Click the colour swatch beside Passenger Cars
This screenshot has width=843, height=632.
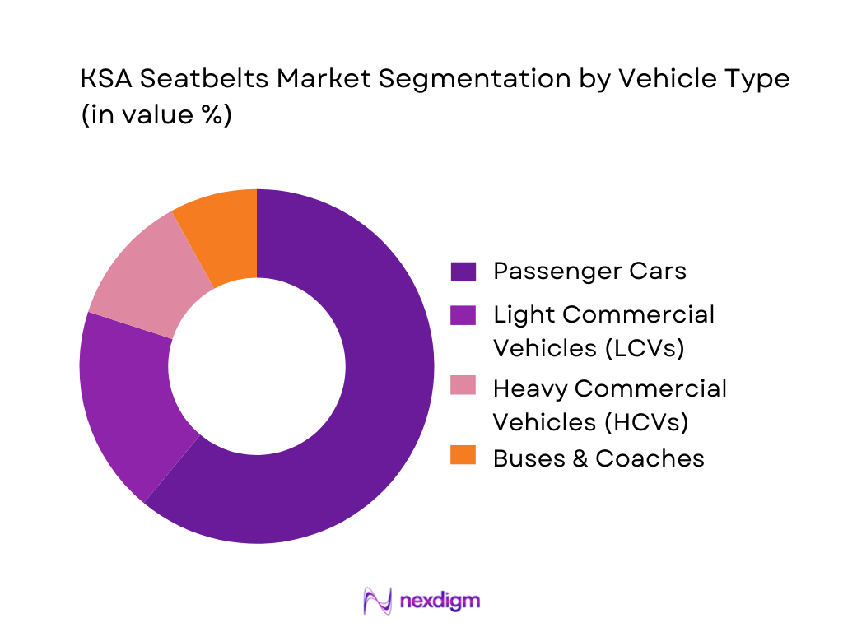coord(463,272)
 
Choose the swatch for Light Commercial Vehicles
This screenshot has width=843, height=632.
coord(463,315)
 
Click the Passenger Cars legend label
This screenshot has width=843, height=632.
coord(589,271)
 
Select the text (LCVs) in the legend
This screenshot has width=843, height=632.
coord(645,348)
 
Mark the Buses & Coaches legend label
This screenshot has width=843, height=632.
coord(598,458)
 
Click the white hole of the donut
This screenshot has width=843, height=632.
coord(257,366)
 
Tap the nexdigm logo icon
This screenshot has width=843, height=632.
coord(378,601)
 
